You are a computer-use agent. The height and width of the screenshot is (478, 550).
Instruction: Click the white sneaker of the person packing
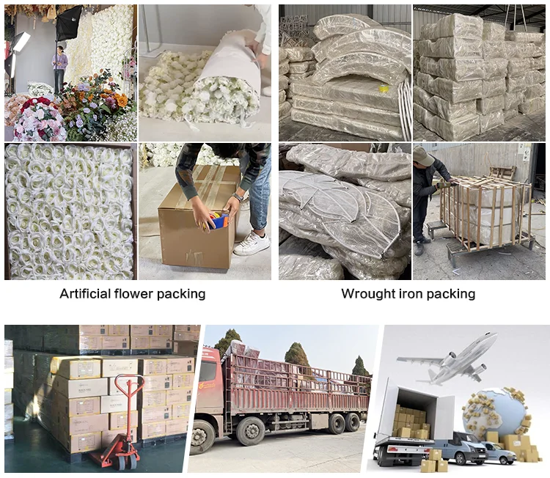[x=251, y=243]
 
